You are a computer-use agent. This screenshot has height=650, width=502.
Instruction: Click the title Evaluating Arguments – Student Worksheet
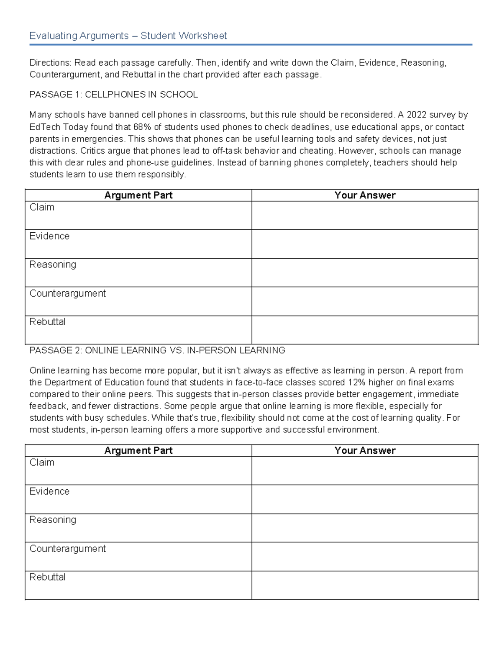click(128, 36)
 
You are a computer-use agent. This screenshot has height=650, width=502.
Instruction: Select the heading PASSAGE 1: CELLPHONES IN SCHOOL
click(113, 95)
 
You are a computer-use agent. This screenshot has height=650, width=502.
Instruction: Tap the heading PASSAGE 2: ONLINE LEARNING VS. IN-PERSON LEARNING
click(157, 350)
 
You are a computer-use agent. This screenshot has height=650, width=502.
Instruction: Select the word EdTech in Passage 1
click(45, 127)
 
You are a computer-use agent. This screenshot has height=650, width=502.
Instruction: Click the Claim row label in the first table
click(42, 207)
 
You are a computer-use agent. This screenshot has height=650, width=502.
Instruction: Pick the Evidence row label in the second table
click(49, 491)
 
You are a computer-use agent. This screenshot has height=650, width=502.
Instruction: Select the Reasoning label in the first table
click(53, 265)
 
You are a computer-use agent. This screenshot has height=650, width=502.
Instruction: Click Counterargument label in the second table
click(67, 549)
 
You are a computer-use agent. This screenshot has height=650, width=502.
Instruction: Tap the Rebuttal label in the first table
click(47, 322)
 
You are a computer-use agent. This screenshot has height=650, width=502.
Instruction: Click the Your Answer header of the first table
click(365, 195)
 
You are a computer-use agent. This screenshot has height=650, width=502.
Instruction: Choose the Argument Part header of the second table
click(138, 451)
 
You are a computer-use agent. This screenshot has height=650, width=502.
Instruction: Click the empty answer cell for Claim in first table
click(365, 216)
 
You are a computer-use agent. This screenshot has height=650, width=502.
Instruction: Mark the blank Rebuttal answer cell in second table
click(365, 585)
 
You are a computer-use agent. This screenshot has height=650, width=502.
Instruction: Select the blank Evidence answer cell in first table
click(365, 244)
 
